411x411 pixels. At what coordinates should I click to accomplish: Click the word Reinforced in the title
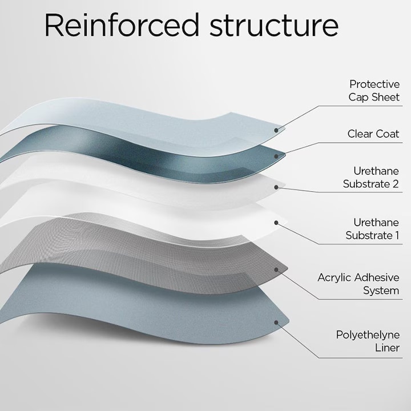[122, 26]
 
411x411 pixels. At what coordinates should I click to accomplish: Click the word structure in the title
[273, 26]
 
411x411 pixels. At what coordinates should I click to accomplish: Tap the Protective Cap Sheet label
[374, 91]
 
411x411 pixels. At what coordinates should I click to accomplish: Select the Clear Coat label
[373, 134]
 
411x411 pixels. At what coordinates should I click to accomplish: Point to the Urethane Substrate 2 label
[371, 178]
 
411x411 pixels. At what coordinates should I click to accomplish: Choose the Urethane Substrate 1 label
[372, 229]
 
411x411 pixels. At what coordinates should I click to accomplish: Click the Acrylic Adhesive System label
[358, 284]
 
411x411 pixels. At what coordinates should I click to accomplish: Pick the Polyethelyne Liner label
[368, 341]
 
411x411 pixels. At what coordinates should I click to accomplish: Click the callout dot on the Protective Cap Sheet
[277, 130]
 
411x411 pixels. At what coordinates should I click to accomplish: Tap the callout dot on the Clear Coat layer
[277, 155]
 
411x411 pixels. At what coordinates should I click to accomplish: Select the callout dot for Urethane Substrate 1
[277, 222]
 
